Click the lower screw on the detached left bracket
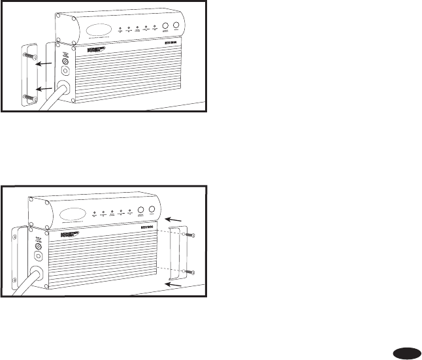tap(27, 97)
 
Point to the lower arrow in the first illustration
tap(43, 88)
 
